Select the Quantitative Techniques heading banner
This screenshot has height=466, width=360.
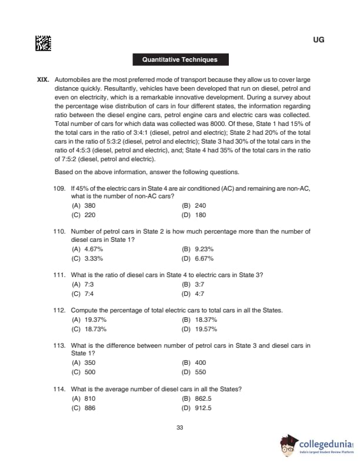[179, 59]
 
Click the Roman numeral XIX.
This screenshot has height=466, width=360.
[44, 79]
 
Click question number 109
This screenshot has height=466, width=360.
[60, 188]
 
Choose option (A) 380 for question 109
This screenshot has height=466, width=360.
[83, 206]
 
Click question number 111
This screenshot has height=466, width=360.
[60, 275]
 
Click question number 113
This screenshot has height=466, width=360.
[60, 345]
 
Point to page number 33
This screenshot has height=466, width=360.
[180, 427]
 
